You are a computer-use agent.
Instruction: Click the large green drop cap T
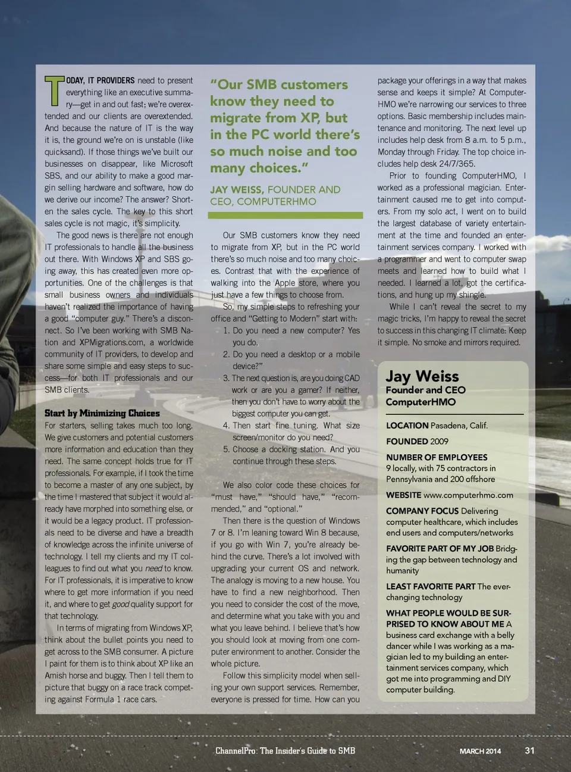pyautogui.click(x=54, y=90)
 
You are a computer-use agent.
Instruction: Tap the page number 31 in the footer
pyautogui.click(x=529, y=751)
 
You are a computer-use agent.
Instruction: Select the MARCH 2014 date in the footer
pyautogui.click(x=480, y=751)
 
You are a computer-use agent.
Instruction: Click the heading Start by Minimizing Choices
pyautogui.click(x=102, y=413)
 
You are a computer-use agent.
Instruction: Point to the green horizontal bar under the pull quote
pyautogui.click(x=286, y=215)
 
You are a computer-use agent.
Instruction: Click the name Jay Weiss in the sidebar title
pyautogui.click(x=422, y=376)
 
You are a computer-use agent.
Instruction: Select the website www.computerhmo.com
pyautogui.click(x=468, y=495)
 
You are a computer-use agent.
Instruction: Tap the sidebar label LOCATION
pyautogui.click(x=407, y=426)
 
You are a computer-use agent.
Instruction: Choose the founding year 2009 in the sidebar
pyautogui.click(x=438, y=442)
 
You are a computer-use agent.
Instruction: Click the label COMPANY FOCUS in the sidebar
pyautogui.click(x=422, y=511)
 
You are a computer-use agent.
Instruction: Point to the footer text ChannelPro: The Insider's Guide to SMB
pyautogui.click(x=285, y=751)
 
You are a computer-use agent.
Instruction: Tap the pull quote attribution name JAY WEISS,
pyautogui.click(x=237, y=190)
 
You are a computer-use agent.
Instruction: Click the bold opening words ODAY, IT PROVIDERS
pyautogui.click(x=100, y=80)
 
